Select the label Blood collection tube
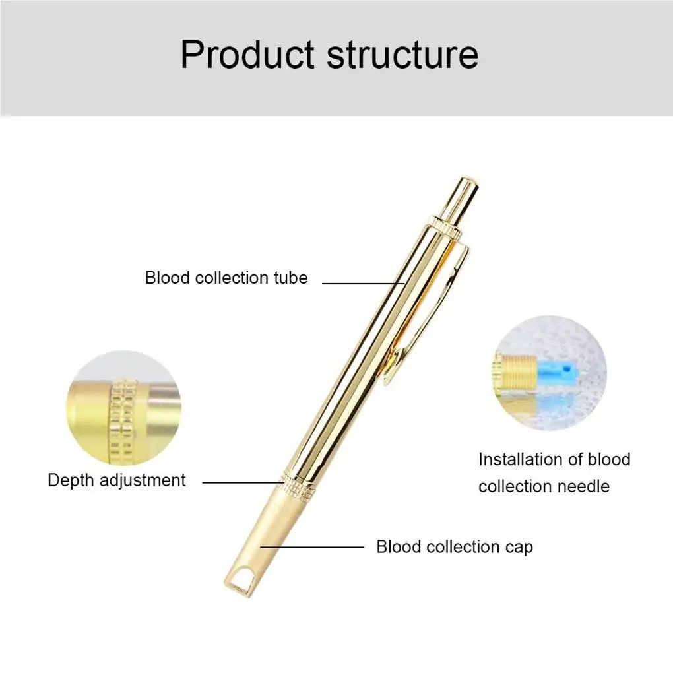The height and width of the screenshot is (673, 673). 226,278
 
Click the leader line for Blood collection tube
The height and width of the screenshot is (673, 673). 363,283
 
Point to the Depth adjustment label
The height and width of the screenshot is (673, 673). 117,480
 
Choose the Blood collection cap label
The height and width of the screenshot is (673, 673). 455,547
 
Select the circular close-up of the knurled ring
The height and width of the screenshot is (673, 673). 123,408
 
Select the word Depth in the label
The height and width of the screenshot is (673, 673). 71,480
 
